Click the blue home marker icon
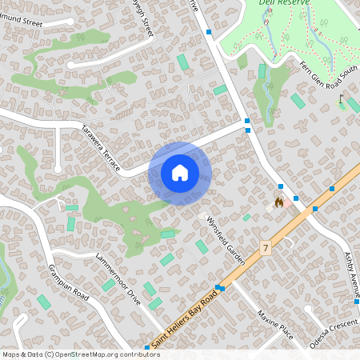pyautogui.click(x=179, y=172)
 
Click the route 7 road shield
pyautogui.click(x=265, y=249)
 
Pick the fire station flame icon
pyautogui.click(x=278, y=202)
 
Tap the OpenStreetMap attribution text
pyautogui.click(x=81, y=354)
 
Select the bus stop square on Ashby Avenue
pyautogui.click(x=357, y=302)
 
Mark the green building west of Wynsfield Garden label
pyautogui.click(x=202, y=246)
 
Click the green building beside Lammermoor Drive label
pyautogui.click(x=150, y=288)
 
